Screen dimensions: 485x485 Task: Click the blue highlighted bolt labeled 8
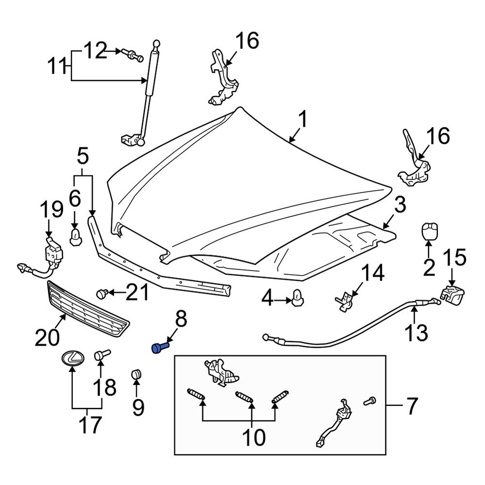pos(160,348)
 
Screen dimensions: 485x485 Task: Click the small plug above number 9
pos(136,375)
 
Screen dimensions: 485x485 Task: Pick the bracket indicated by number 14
pos(344,301)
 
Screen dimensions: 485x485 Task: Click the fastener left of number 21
pos(102,293)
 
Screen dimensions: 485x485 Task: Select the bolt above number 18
pos(102,355)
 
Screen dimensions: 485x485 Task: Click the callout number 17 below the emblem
pos(90,424)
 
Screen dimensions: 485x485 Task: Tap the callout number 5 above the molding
pos(83,156)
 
